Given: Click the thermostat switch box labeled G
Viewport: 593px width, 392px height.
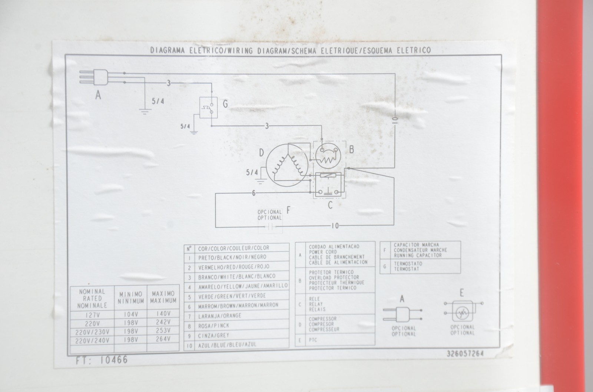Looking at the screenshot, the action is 208,107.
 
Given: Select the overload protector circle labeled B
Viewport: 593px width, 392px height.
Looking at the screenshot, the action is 328,156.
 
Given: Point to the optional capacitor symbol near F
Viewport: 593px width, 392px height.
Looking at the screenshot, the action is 270,227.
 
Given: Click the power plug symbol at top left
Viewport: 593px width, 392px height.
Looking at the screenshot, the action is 94,77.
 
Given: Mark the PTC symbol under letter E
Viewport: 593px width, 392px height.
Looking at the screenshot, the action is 463,313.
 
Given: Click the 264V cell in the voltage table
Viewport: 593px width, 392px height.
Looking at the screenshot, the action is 163,339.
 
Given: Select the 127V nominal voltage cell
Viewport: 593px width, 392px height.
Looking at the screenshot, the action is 92,315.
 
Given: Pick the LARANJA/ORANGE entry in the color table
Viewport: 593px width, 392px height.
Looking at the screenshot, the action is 220,316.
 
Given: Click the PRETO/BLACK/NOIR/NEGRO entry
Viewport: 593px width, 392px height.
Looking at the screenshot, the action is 232,257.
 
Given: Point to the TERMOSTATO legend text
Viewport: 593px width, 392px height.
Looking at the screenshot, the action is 408,264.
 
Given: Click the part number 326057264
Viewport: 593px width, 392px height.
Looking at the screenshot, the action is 465,354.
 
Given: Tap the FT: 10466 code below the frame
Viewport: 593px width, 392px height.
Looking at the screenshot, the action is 102,360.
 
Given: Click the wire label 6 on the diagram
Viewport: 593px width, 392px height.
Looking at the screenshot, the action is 254,193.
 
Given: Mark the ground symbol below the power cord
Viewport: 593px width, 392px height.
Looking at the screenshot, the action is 145,111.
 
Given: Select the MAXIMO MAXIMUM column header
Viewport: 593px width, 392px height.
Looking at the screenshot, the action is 163,297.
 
